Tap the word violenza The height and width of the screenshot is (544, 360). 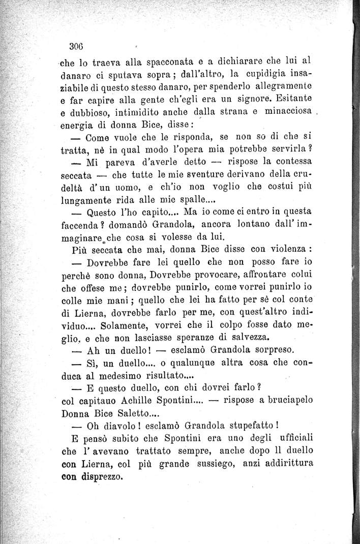point(287,251)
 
